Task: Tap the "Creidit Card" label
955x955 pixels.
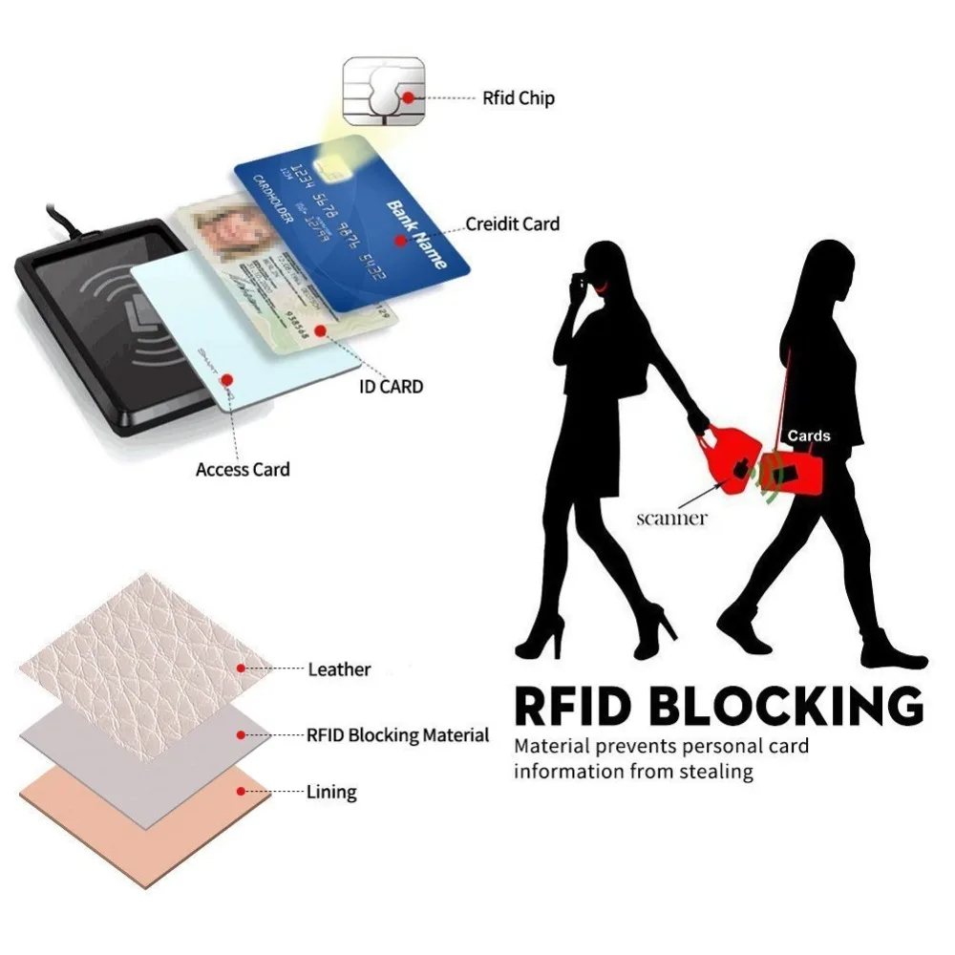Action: (x=512, y=224)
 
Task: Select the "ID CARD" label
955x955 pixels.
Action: (x=391, y=387)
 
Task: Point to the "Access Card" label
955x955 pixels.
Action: (x=243, y=469)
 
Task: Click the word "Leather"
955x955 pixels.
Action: (x=339, y=669)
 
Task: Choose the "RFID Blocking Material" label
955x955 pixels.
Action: (x=397, y=735)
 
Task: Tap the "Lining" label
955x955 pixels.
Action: (x=331, y=792)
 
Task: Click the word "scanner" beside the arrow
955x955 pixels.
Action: (x=672, y=519)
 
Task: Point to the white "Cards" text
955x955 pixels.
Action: (x=809, y=436)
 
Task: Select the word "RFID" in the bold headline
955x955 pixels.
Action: (x=567, y=707)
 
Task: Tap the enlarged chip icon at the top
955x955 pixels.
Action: (x=384, y=91)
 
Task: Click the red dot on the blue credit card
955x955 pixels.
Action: (x=402, y=242)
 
